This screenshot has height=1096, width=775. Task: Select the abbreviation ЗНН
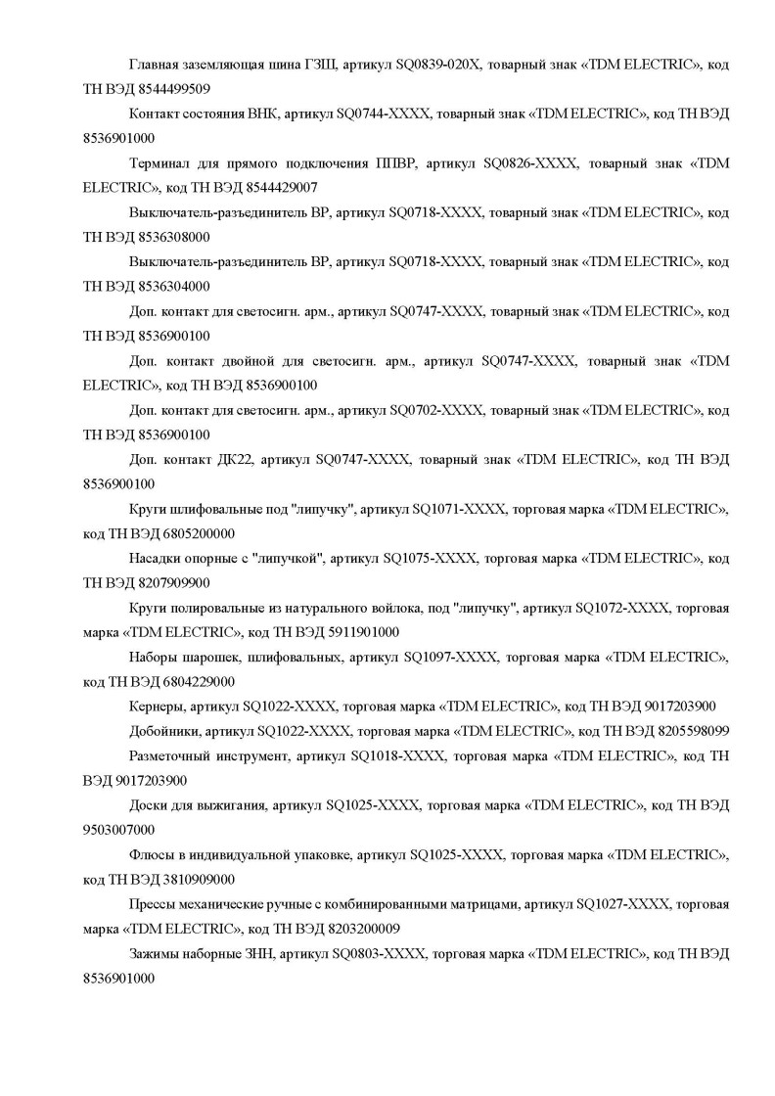(261, 953)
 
